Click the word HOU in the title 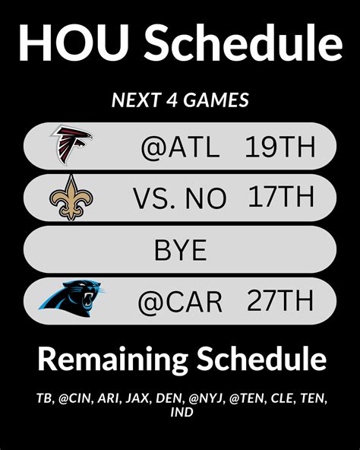(x=74, y=43)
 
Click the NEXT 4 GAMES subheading (x=180, y=100)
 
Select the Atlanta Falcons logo (x=71, y=145)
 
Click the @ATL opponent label (x=181, y=147)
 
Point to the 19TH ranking (x=280, y=147)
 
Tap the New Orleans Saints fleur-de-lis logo (x=71, y=198)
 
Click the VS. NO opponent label (x=180, y=198)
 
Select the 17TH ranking (x=281, y=197)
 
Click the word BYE (x=181, y=250)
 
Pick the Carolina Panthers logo (x=71, y=299)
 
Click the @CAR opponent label (x=180, y=302)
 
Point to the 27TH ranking (x=280, y=300)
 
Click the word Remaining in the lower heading (x=113, y=360)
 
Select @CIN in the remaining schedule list (x=76, y=398)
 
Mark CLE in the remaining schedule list (x=282, y=398)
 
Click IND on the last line (x=182, y=413)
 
